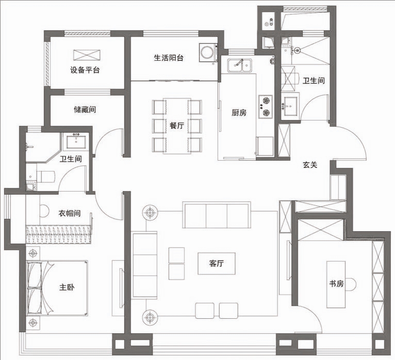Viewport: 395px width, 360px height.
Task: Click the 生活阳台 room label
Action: [169, 58]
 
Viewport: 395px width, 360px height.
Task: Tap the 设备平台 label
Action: [85, 70]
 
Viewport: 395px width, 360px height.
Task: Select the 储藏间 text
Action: [85, 109]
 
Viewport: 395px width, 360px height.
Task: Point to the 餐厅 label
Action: [177, 125]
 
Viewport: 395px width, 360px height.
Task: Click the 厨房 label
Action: [239, 112]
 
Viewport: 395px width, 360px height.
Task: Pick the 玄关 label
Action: [310, 165]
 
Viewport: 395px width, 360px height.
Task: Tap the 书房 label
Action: [337, 284]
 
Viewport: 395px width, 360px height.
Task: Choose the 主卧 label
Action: [67, 287]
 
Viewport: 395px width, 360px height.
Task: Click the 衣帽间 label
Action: [70, 213]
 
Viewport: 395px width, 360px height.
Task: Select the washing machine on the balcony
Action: [208, 53]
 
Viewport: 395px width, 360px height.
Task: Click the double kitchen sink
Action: [239, 65]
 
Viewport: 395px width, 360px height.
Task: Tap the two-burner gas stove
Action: [266, 107]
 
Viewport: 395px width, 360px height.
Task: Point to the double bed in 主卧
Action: [57, 288]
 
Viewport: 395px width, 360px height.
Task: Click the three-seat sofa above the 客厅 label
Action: [217, 215]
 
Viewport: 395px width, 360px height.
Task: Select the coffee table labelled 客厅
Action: [217, 263]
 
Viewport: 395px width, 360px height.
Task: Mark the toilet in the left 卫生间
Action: [45, 177]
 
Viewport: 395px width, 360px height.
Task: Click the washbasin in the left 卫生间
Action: [76, 142]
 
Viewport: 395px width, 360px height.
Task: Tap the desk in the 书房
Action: [336, 284]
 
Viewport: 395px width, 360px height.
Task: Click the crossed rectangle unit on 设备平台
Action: [87, 55]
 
